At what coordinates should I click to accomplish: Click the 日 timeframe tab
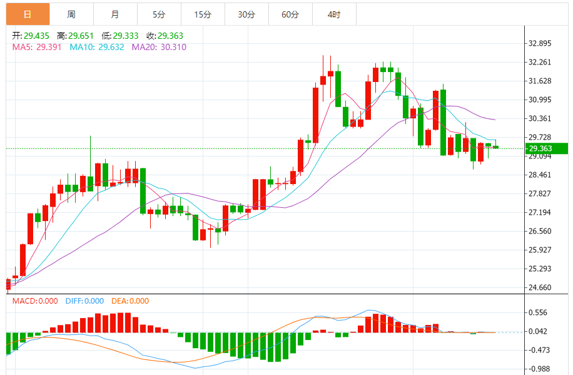[28, 14]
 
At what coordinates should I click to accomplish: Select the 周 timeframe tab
[71, 14]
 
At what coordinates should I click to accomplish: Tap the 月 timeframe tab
[115, 14]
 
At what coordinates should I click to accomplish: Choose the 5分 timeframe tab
[159, 14]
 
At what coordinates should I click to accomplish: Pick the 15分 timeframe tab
[203, 14]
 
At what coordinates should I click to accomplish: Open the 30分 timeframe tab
[246, 14]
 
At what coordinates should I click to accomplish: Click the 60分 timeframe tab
[290, 14]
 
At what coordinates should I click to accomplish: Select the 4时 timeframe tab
[334, 14]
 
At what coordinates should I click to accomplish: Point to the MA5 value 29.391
[49, 47]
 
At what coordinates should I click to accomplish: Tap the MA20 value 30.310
[171, 47]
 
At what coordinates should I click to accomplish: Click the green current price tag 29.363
[545, 148]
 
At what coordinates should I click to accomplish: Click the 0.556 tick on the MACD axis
[538, 312]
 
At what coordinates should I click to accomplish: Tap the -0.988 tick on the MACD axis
[538, 369]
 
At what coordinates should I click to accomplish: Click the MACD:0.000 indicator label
[35, 301]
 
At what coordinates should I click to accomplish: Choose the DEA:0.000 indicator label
[130, 301]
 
